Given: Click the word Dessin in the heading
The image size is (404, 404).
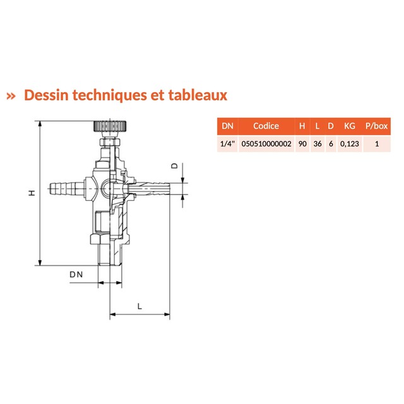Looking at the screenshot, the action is click(x=46, y=95).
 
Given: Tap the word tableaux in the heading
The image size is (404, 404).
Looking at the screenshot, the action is click(x=198, y=95).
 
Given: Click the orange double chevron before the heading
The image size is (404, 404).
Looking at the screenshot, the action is click(x=11, y=97).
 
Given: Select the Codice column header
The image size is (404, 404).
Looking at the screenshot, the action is click(x=266, y=126).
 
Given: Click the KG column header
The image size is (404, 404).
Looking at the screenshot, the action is click(x=349, y=126).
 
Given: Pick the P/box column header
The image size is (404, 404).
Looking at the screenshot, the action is click(x=376, y=126).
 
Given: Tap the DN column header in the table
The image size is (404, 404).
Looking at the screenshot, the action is click(x=227, y=126).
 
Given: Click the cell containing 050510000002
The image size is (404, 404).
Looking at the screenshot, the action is click(x=266, y=144).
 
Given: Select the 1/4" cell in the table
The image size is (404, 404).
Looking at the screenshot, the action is click(x=227, y=144).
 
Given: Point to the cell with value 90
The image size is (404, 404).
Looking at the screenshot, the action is click(x=302, y=144).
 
